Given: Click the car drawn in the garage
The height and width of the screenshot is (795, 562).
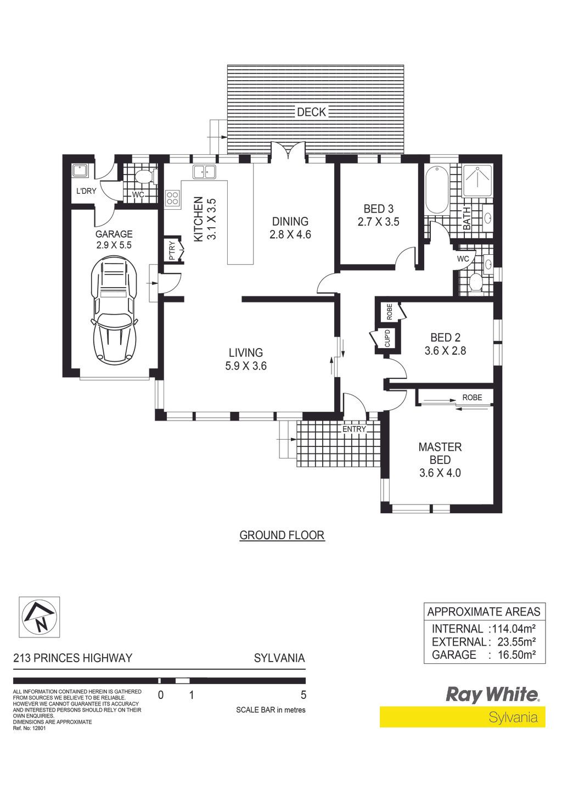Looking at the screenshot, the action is (x=114, y=310).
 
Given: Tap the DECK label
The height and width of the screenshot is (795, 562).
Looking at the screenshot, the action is (x=311, y=112).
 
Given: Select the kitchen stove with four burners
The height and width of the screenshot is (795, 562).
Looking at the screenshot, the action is (x=173, y=198).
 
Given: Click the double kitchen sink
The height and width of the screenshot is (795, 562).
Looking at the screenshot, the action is (x=204, y=172).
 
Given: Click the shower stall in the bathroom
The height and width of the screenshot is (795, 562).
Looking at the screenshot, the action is (x=477, y=181).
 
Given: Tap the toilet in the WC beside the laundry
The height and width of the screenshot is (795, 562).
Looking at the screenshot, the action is (x=145, y=177).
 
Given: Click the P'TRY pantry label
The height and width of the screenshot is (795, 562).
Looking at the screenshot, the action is (x=173, y=250).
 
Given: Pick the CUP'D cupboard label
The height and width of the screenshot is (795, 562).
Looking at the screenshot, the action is (x=387, y=338).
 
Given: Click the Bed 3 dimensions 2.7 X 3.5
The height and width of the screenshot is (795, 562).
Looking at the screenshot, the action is (x=378, y=222).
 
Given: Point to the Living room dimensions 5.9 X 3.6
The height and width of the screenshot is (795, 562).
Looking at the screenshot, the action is (x=246, y=366).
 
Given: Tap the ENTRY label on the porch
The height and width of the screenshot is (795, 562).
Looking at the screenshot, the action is (x=354, y=429).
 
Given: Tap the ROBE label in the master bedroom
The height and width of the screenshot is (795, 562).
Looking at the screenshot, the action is (x=472, y=398).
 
